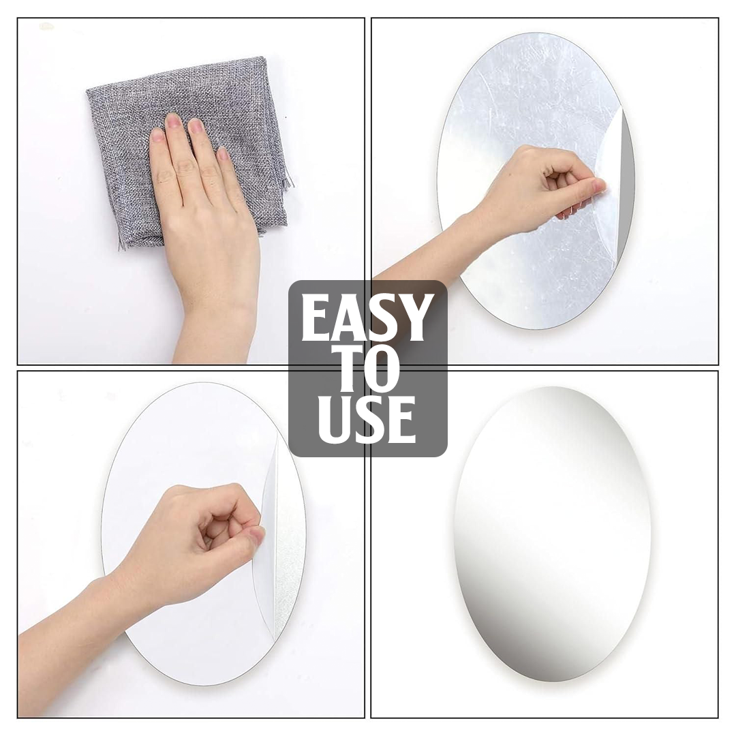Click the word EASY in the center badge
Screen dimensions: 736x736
point(367,318)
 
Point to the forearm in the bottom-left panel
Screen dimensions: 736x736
point(75,627)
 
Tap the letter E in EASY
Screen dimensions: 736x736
point(316,318)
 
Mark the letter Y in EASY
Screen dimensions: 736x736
point(416,318)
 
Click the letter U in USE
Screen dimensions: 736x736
point(333,418)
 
